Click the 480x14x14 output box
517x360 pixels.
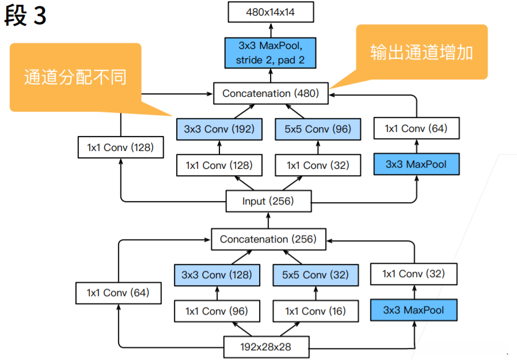270,12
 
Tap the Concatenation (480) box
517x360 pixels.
271,93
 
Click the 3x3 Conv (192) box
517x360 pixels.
219,129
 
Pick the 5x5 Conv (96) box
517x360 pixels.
317,129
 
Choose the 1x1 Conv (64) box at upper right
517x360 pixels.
416,128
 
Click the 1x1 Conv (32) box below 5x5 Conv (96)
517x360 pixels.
317,165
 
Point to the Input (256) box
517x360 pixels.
268,201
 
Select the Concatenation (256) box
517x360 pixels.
268,239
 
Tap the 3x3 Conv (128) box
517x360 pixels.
216,275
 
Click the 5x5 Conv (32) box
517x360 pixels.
315,275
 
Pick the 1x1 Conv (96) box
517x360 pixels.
216,311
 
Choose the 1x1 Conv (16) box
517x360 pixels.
315,311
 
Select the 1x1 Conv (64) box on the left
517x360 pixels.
118,293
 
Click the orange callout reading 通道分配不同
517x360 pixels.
75,77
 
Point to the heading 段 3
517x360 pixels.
25,16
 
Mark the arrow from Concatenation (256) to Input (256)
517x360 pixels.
268,220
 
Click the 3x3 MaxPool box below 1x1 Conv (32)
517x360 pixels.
415,310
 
